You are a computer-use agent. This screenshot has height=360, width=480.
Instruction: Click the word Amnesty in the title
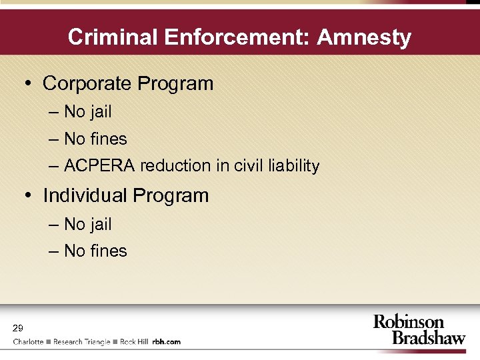pos(364,37)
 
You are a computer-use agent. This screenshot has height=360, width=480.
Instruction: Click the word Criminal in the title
pos(105,37)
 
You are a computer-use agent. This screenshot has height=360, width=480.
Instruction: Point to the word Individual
pos(85,196)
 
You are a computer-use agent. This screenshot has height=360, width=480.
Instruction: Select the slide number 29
pos(18,327)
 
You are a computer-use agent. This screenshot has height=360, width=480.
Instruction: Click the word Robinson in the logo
pos(408,322)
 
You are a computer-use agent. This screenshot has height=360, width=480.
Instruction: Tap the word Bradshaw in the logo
pos(428,337)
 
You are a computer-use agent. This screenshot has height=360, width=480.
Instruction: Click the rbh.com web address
pos(166,342)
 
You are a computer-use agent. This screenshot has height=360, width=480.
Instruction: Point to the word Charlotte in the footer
pos(28,342)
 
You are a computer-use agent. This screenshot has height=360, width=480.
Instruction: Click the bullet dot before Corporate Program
pos(28,85)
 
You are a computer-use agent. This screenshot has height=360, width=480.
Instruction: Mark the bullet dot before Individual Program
pos(28,197)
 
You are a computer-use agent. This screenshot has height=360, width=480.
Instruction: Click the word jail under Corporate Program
pos(100,112)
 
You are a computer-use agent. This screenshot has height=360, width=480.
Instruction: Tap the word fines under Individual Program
pos(108,251)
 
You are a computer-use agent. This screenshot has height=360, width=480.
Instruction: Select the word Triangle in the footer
pos(96,342)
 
